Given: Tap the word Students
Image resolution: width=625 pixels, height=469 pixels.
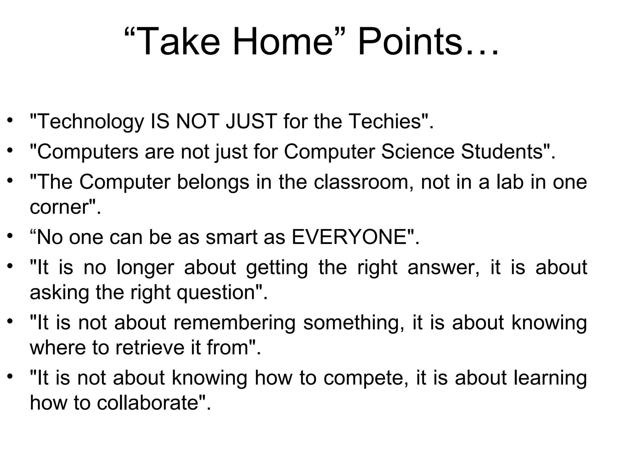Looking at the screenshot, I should (x=502, y=151).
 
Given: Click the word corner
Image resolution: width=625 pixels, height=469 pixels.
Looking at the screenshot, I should (x=59, y=207).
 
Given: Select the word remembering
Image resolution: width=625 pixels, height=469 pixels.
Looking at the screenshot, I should (x=235, y=323).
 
